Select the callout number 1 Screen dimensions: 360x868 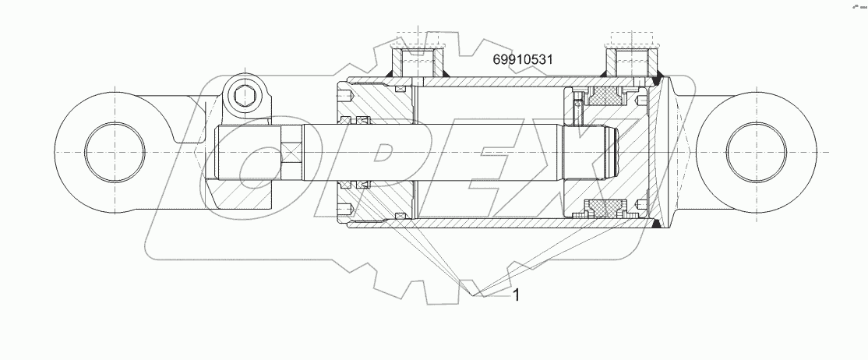pyautogui.click(x=515, y=295)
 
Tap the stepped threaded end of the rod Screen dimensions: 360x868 pyautogui.click(x=609, y=152)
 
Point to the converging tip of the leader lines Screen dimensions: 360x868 pyautogui.click(x=478, y=295)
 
